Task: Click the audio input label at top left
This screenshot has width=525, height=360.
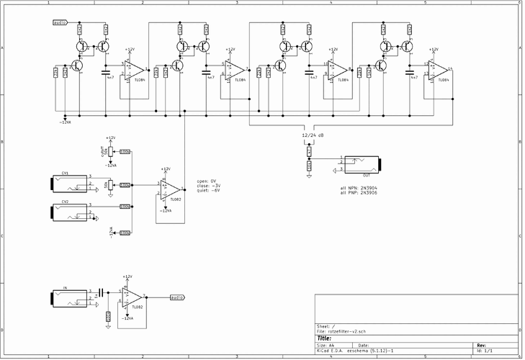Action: pyautogui.click(x=60, y=23)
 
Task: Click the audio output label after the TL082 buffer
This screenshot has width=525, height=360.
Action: pyautogui.click(x=176, y=297)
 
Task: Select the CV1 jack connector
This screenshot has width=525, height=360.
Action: pyautogui.click(x=66, y=184)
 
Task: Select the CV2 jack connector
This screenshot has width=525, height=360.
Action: pyautogui.click(x=66, y=212)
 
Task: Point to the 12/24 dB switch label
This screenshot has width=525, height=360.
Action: pyautogui.click(x=313, y=135)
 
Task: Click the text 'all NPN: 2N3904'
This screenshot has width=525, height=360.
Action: pyautogui.click(x=359, y=187)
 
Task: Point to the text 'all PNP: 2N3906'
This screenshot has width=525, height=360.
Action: pyautogui.click(x=359, y=192)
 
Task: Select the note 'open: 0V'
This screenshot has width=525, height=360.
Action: pyautogui.click(x=207, y=180)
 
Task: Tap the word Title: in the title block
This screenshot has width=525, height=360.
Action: pyautogui.click(x=324, y=338)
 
